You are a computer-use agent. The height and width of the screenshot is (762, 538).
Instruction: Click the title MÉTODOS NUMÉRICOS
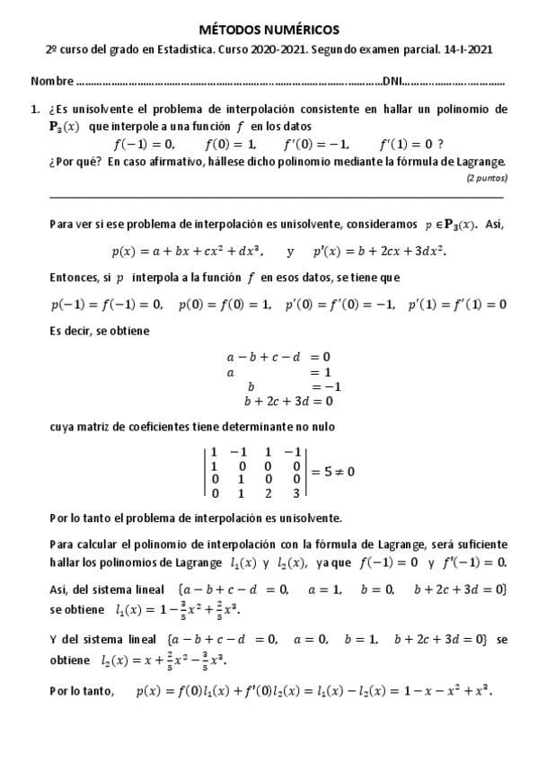click(269, 31)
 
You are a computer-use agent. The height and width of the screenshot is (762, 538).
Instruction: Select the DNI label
click(392, 82)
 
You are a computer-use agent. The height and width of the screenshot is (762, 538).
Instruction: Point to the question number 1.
click(35, 109)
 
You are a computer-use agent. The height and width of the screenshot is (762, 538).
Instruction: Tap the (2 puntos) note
click(486, 178)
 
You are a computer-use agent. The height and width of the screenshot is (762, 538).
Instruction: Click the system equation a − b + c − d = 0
click(278, 357)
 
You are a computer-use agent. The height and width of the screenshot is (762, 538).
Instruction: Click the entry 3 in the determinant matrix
click(295, 493)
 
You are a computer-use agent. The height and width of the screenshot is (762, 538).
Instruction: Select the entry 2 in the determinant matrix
click(267, 493)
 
